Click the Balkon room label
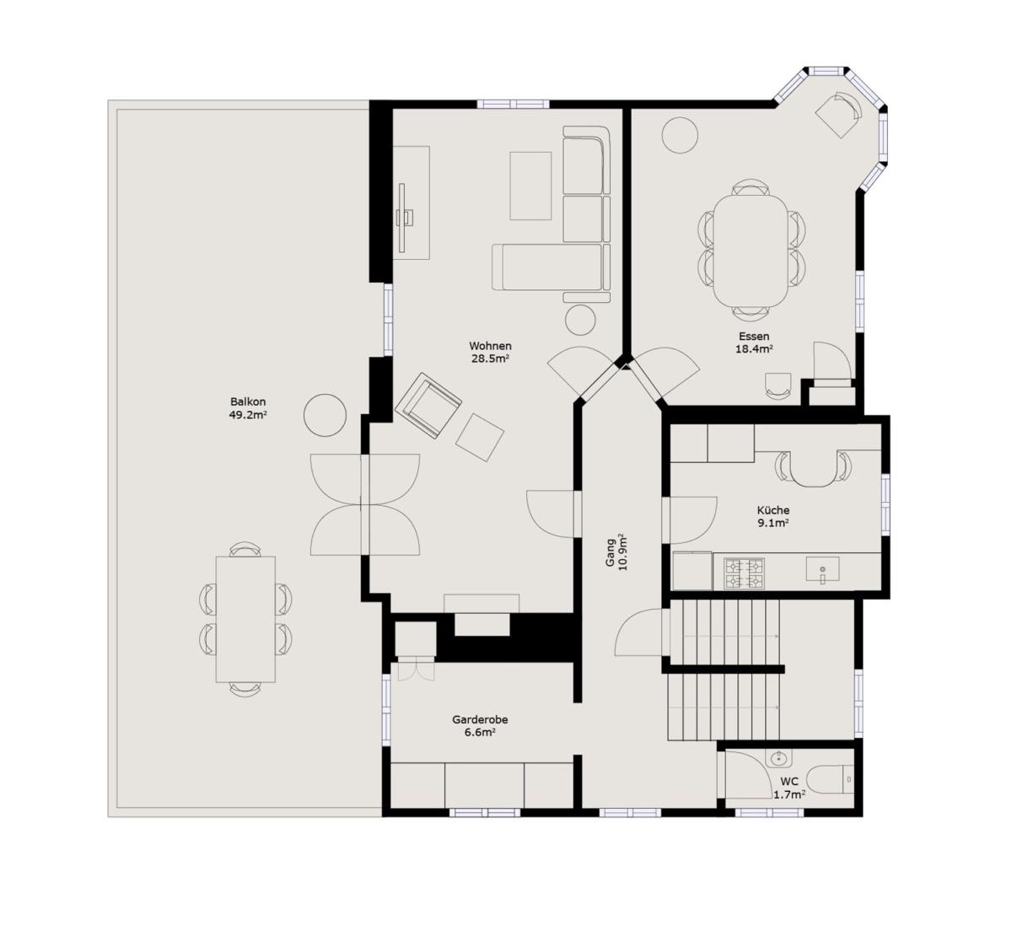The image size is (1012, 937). (x=248, y=401)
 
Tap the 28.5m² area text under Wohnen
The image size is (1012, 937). (x=490, y=358)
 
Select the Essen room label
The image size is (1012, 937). (x=754, y=337)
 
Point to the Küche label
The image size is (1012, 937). (x=773, y=510)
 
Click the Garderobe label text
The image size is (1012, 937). (x=480, y=719)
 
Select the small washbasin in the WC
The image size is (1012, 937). (x=778, y=758)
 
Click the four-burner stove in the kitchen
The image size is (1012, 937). (x=745, y=574)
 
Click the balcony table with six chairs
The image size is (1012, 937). (x=245, y=619)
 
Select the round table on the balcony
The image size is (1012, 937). (x=325, y=415)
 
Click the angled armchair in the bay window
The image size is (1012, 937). (x=838, y=115)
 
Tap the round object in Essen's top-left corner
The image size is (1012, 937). (x=680, y=135)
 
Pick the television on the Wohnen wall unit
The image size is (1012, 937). (x=402, y=218)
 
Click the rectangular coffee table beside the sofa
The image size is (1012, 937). (x=530, y=186)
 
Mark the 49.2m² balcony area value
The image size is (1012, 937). (x=248, y=415)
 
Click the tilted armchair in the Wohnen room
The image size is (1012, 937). (x=428, y=406)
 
